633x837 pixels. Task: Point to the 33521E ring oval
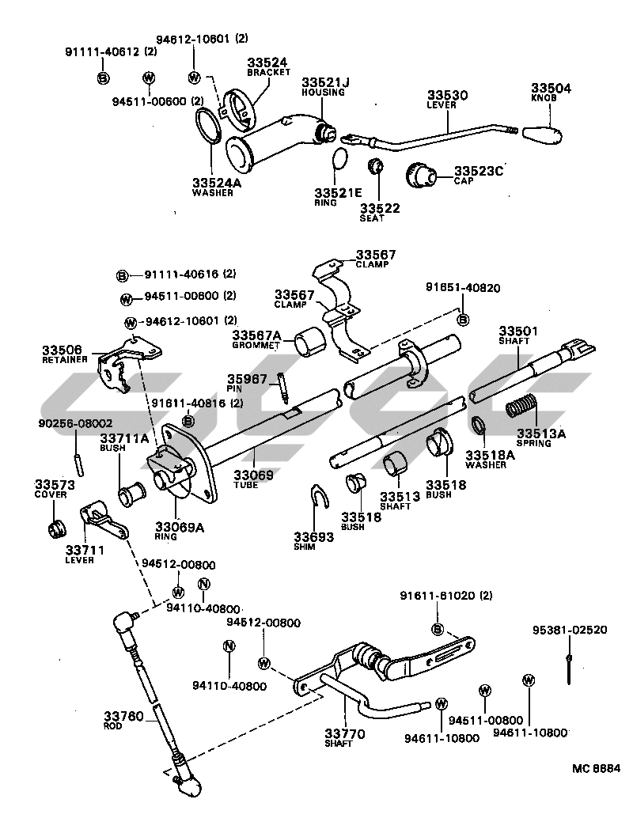(339, 158)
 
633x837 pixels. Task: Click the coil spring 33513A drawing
(522, 407)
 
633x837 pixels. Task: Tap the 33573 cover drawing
(55, 528)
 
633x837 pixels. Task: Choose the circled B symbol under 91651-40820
(464, 320)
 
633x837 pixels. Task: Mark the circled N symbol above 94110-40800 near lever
(203, 585)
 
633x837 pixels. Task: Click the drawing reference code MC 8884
(597, 767)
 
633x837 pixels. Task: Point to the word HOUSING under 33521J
(322, 93)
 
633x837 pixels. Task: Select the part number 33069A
(179, 527)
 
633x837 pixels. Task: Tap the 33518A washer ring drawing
(479, 428)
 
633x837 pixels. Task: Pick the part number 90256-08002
(74, 424)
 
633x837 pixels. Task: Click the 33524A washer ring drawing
(210, 127)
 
